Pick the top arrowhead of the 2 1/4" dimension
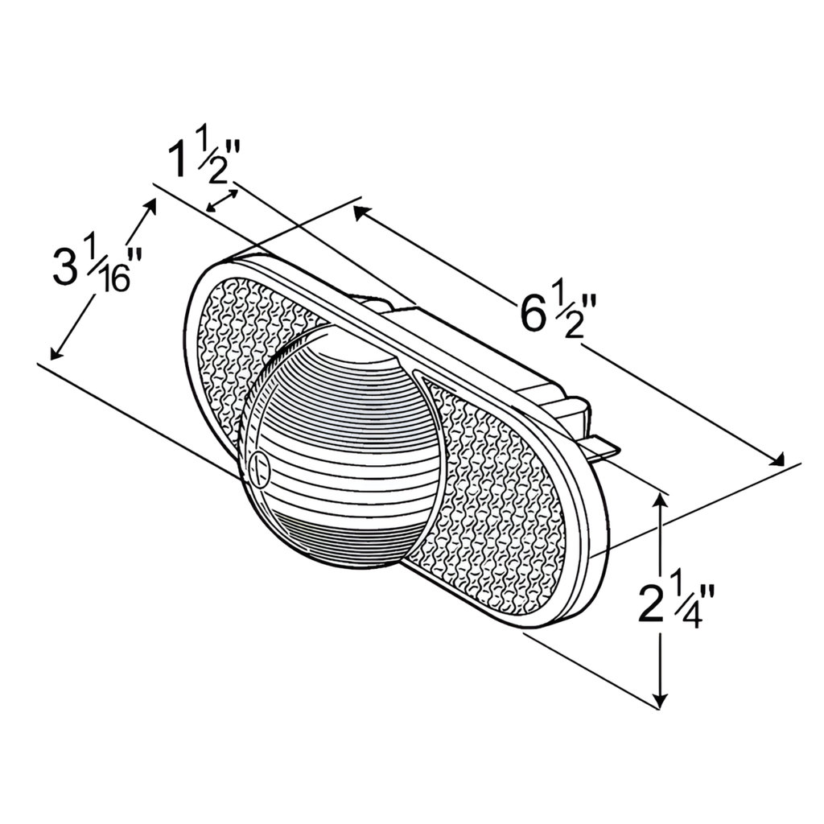click(x=661, y=499)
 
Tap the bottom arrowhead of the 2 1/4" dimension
click(x=661, y=702)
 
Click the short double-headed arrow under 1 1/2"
click(x=222, y=201)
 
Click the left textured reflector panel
click(x=241, y=338)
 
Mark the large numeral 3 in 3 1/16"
click(x=66, y=268)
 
